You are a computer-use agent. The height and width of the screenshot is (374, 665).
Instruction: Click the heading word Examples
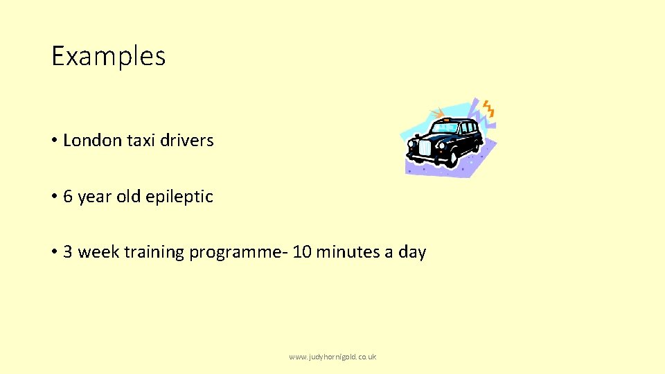109,56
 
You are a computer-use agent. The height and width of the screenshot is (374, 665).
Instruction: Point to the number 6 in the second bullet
68,197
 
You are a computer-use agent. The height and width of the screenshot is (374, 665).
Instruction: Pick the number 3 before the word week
68,252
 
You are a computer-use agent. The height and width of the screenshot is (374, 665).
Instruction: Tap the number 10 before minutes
302,252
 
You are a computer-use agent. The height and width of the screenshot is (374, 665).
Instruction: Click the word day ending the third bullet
412,253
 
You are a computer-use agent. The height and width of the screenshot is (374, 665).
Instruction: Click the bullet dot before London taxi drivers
53,141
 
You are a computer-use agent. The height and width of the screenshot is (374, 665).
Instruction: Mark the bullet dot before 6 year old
53,197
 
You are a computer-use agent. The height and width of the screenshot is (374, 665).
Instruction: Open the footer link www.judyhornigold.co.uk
332,357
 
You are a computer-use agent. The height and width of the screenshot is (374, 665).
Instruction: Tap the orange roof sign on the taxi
445,120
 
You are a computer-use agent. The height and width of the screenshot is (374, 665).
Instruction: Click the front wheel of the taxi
452,158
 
